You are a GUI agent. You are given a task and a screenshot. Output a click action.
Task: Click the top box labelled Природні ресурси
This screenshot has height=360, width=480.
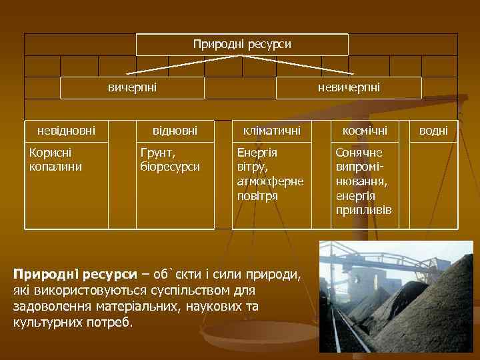(242, 44)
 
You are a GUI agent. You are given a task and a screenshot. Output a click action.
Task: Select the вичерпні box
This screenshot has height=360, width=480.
(132, 87)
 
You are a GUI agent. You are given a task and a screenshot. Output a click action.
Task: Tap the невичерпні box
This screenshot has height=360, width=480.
(349, 87)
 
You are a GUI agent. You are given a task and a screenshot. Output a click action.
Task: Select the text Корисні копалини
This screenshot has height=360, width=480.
(56, 159)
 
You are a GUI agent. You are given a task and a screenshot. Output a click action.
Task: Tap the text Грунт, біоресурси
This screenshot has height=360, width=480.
(169, 159)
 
